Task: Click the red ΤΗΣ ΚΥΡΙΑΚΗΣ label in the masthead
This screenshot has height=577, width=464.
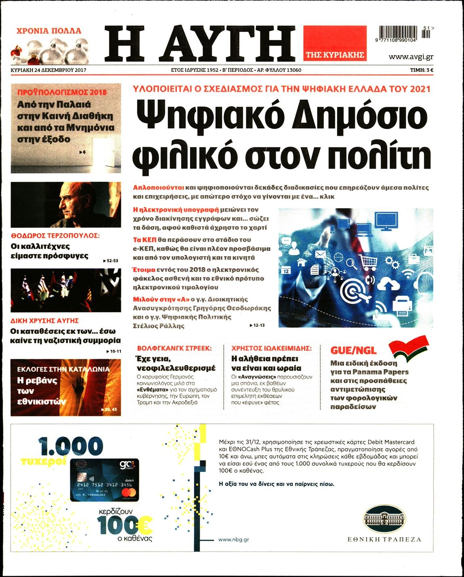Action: [335, 55]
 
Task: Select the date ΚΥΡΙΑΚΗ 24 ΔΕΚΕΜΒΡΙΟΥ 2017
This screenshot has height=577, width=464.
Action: [49, 70]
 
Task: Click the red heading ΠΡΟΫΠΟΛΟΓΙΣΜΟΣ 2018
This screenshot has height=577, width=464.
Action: [62, 92]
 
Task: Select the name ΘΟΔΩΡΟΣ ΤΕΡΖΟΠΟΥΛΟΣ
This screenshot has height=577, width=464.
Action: [55, 236]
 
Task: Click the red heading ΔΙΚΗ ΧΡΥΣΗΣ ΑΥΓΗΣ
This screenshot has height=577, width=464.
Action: [44, 321]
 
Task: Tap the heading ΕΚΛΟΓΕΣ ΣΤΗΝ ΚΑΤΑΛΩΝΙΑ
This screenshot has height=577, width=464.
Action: [63, 369]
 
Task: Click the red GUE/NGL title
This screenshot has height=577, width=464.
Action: [353, 350]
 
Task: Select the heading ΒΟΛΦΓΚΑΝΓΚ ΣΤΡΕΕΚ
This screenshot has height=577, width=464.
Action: [174, 348]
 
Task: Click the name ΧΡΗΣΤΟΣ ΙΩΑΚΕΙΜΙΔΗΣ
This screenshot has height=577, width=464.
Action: [271, 348]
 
